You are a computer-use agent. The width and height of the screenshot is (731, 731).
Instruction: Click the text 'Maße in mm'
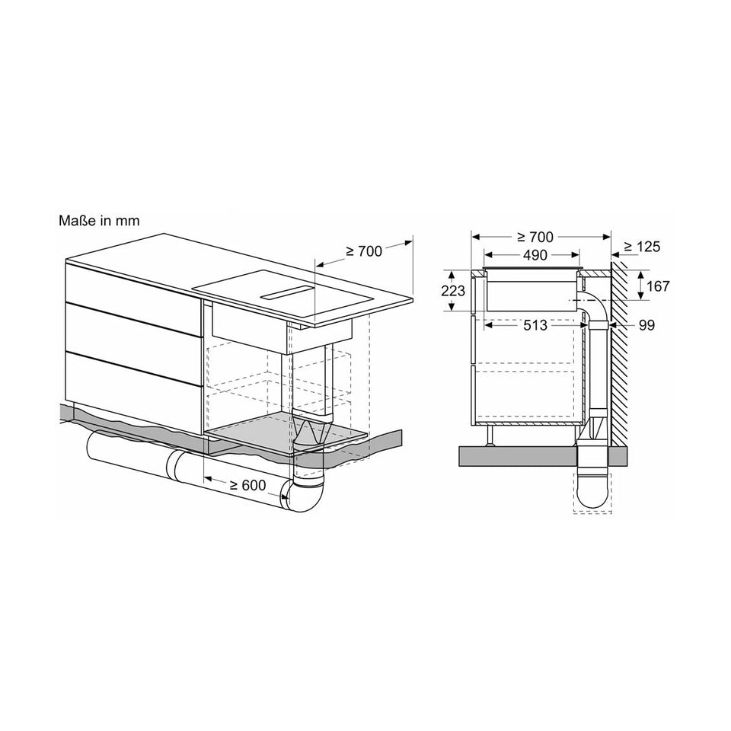click(x=100, y=221)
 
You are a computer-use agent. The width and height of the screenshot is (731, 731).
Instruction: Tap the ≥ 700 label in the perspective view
click(x=363, y=251)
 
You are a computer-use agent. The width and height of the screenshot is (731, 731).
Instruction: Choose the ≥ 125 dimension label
click(x=641, y=247)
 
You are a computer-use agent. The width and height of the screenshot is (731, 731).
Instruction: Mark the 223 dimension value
click(x=452, y=290)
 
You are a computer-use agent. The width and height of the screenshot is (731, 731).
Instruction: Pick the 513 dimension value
click(x=535, y=325)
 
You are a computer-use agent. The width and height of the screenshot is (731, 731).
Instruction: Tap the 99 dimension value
click(x=646, y=325)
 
